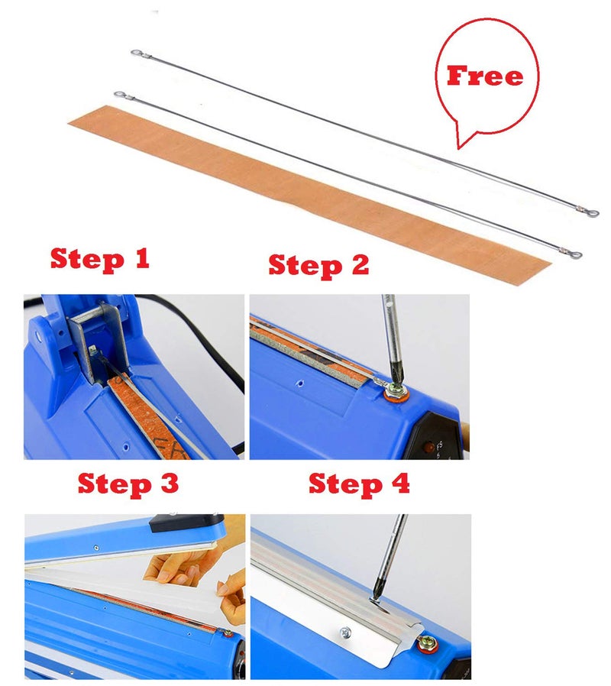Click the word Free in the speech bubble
(x=485, y=76)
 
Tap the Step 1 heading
(x=99, y=259)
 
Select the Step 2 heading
(x=318, y=265)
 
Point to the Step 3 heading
(x=128, y=484)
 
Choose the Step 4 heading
(x=359, y=484)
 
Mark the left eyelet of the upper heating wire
(x=136, y=53)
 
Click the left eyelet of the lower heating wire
(x=119, y=95)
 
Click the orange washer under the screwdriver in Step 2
(x=396, y=393)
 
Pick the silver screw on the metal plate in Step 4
(x=344, y=633)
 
